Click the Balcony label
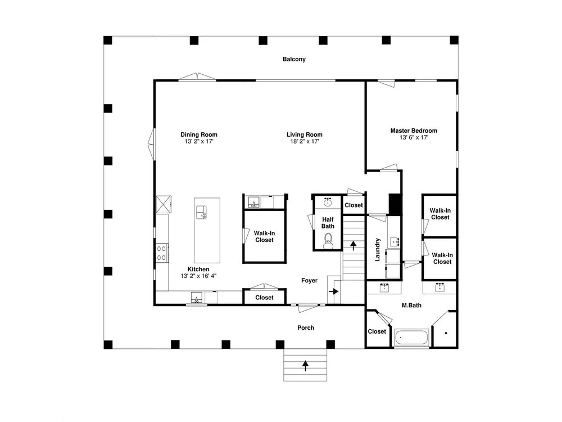294,59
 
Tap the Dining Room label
199,134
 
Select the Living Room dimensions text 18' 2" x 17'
305,141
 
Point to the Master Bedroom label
414,131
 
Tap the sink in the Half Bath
327,201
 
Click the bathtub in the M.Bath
411,337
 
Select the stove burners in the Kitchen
162,253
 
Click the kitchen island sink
201,212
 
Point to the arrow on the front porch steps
305,365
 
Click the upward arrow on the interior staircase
353,245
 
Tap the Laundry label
377,249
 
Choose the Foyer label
309,281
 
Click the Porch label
306,327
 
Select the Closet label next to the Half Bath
353,205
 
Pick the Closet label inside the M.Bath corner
377,331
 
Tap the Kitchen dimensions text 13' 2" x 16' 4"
198,276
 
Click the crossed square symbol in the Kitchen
164,205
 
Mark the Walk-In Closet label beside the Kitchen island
265,236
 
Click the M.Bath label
411,306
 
